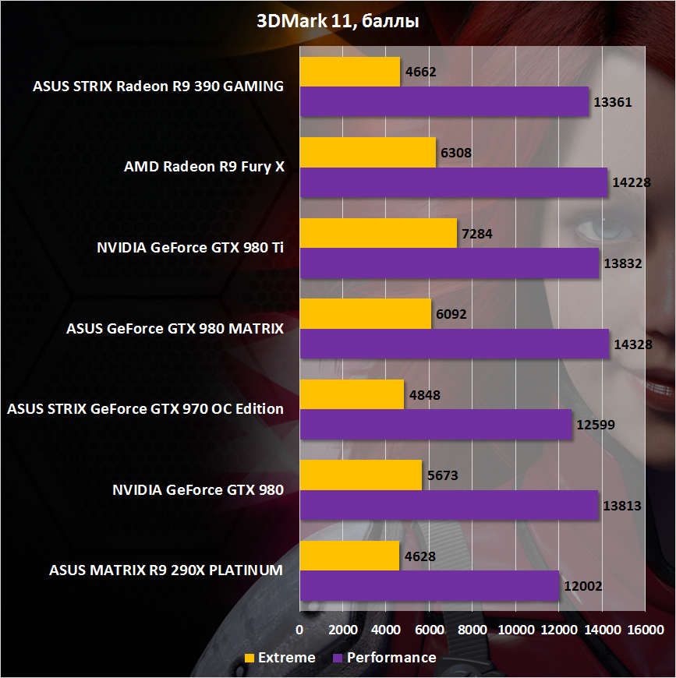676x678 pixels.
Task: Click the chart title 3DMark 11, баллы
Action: point(338,22)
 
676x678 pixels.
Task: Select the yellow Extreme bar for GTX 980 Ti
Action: point(378,233)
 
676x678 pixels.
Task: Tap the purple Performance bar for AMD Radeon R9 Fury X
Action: point(453,182)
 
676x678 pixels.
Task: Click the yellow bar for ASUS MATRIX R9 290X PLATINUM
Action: point(349,556)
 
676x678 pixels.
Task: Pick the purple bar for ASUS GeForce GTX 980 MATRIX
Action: point(454,344)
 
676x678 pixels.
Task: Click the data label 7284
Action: point(477,233)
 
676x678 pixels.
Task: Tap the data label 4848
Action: point(424,394)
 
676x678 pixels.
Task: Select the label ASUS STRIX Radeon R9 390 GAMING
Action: point(158,87)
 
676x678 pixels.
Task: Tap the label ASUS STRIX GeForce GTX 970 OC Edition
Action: point(145,409)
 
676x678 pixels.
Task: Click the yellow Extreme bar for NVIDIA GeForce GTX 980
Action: point(360,475)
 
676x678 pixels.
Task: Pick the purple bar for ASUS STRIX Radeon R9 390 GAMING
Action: point(444,102)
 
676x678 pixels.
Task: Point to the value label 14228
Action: point(630,182)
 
